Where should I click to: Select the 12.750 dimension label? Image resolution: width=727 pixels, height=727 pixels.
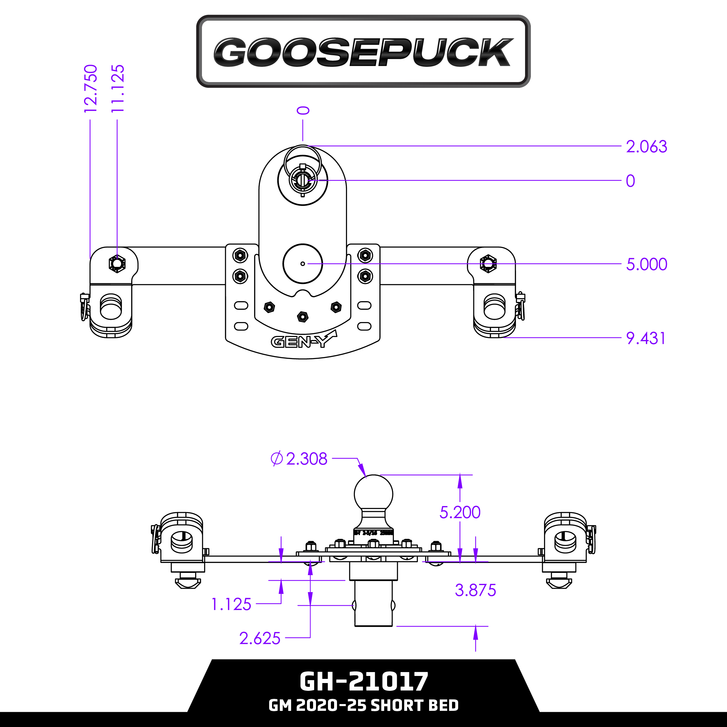pyautogui.click(x=91, y=89)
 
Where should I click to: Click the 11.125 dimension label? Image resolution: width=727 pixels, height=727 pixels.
pyautogui.click(x=117, y=89)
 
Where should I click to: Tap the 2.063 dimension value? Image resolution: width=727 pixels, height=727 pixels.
pyautogui.click(x=646, y=147)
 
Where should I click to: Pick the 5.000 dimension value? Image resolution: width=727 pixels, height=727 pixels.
pyautogui.click(x=646, y=265)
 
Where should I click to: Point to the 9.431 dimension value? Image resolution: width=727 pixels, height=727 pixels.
pyautogui.click(x=645, y=338)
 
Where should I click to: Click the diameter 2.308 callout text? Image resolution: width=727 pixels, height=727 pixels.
pyautogui.click(x=299, y=459)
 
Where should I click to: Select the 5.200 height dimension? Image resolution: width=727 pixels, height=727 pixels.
pyautogui.click(x=460, y=512)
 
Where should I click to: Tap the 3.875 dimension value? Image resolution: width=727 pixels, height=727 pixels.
pyautogui.click(x=475, y=590)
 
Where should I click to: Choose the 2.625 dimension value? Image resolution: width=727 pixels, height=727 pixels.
pyautogui.click(x=260, y=638)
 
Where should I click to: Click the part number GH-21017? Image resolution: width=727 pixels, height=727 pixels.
pyautogui.click(x=363, y=681)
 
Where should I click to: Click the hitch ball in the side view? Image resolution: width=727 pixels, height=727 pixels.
pyautogui.click(x=373, y=494)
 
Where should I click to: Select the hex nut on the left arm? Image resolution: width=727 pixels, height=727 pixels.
pyautogui.click(x=117, y=263)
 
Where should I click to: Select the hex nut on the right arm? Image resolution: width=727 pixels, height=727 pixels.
pyautogui.click(x=488, y=263)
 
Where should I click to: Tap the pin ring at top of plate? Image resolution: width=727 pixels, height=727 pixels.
pyautogui.click(x=302, y=160)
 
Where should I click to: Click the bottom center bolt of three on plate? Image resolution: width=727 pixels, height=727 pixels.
pyautogui.click(x=302, y=317)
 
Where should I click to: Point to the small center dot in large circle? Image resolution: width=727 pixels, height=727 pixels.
pyautogui.click(x=302, y=264)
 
